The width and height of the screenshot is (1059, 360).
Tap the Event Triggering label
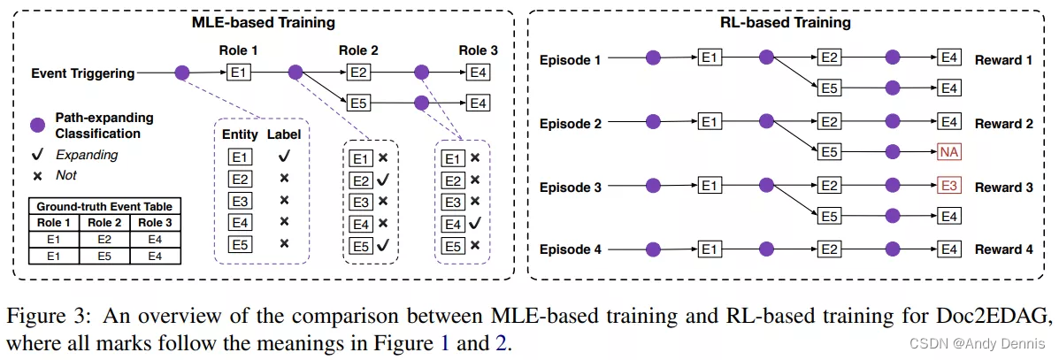click(83, 73)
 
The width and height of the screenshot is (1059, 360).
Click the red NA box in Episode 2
click(948, 152)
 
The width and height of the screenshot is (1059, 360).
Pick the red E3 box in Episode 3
click(948, 188)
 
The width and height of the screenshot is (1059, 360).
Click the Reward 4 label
click(1003, 250)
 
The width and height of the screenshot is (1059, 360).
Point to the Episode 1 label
click(571, 59)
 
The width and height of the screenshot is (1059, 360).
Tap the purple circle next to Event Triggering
click(182, 73)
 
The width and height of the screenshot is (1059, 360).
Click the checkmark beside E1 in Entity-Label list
click(283, 157)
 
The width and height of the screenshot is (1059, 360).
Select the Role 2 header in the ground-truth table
click(104, 221)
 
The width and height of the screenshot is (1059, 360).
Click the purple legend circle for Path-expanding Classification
click(37, 126)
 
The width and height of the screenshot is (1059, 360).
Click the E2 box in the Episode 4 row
click(829, 250)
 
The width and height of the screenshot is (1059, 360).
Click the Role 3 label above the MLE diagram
click(478, 50)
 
